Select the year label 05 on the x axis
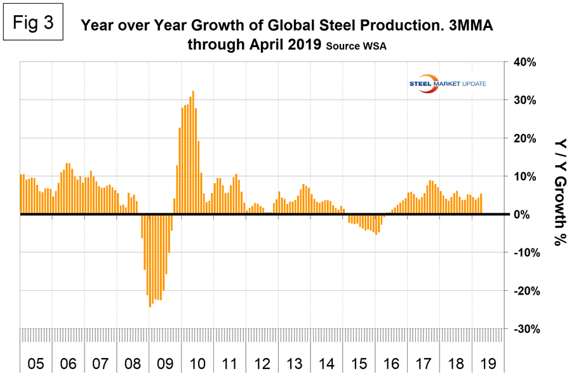coord(36,364)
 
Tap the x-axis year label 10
coord(197,364)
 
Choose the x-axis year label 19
coord(490,364)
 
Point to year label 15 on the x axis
coord(359,364)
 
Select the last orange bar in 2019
coord(481,204)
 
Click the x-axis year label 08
coord(133,364)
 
